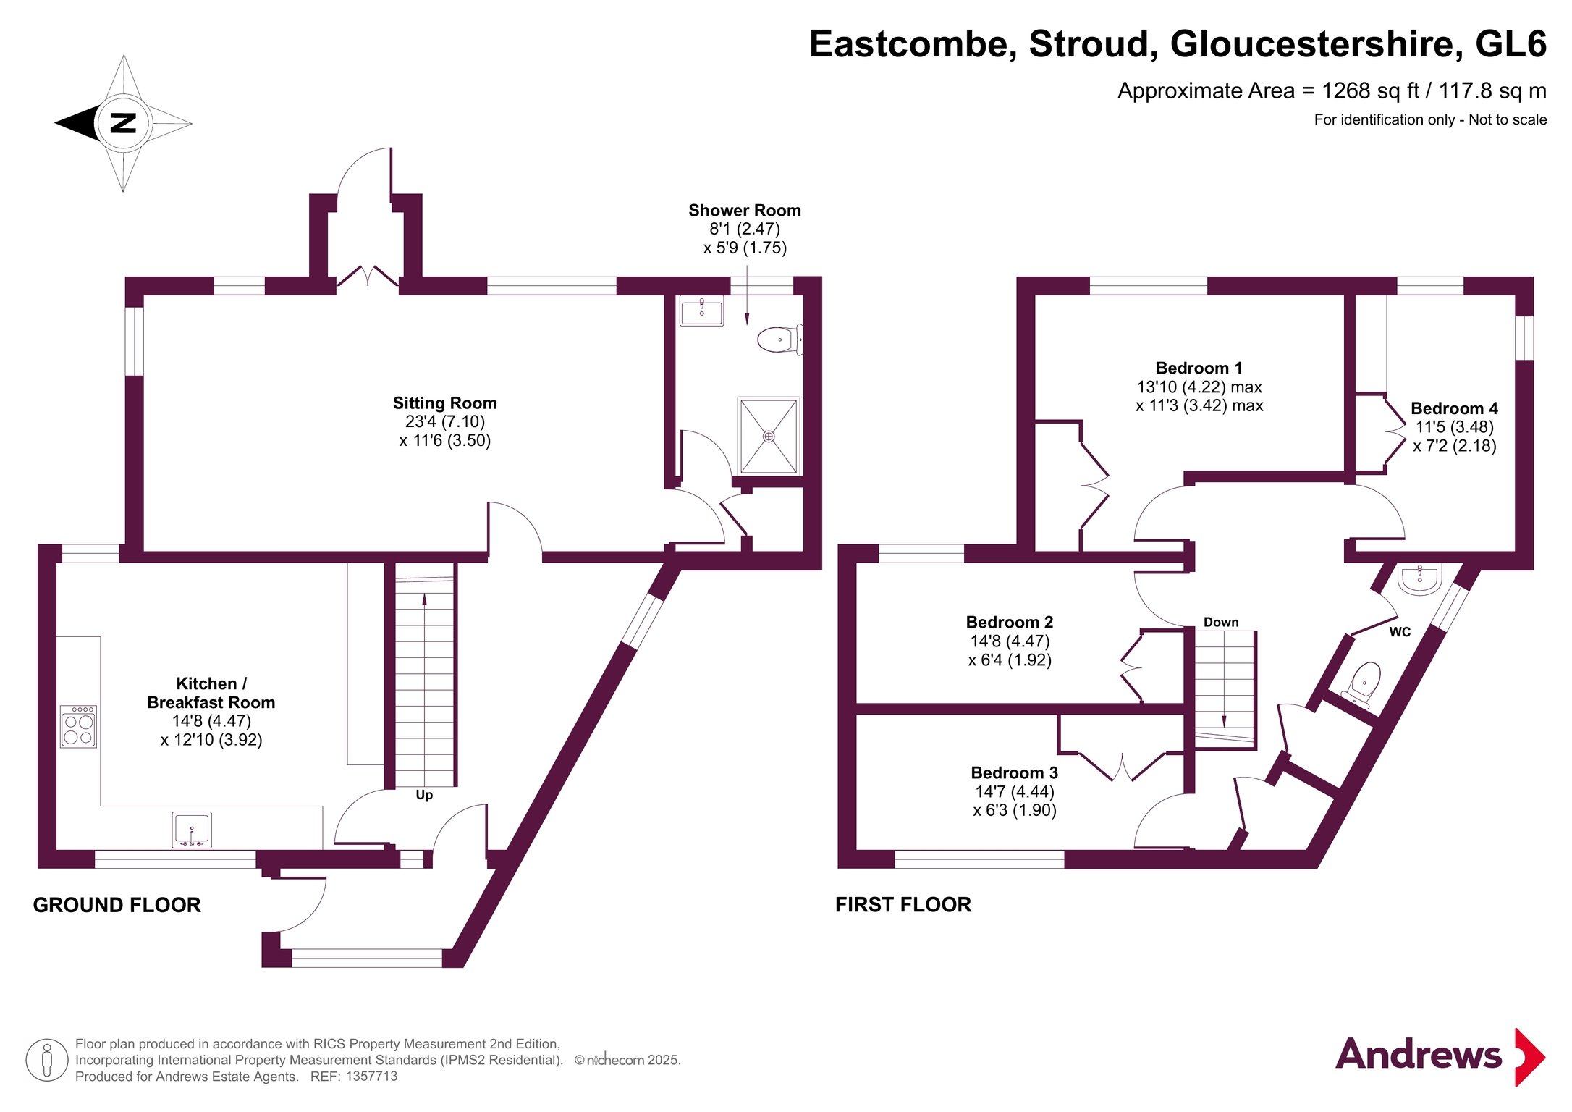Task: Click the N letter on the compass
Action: [x=123, y=122]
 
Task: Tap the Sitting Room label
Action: [x=444, y=403]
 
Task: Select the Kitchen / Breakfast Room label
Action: [x=211, y=693]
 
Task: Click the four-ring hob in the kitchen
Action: [x=78, y=727]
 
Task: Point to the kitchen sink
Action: [x=192, y=829]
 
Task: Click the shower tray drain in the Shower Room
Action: [x=769, y=437]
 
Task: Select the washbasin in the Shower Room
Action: [x=701, y=311]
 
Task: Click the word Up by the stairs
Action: [x=424, y=795]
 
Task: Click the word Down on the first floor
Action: [x=1221, y=623]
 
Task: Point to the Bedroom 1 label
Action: [x=1199, y=368]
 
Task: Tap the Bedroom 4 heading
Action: [x=1454, y=408]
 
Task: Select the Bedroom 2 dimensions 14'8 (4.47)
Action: [x=1010, y=641]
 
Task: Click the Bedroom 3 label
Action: [x=1014, y=772]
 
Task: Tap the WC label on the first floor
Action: [x=1400, y=632]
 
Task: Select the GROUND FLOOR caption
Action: [x=117, y=905]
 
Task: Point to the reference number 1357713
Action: [x=371, y=1077]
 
